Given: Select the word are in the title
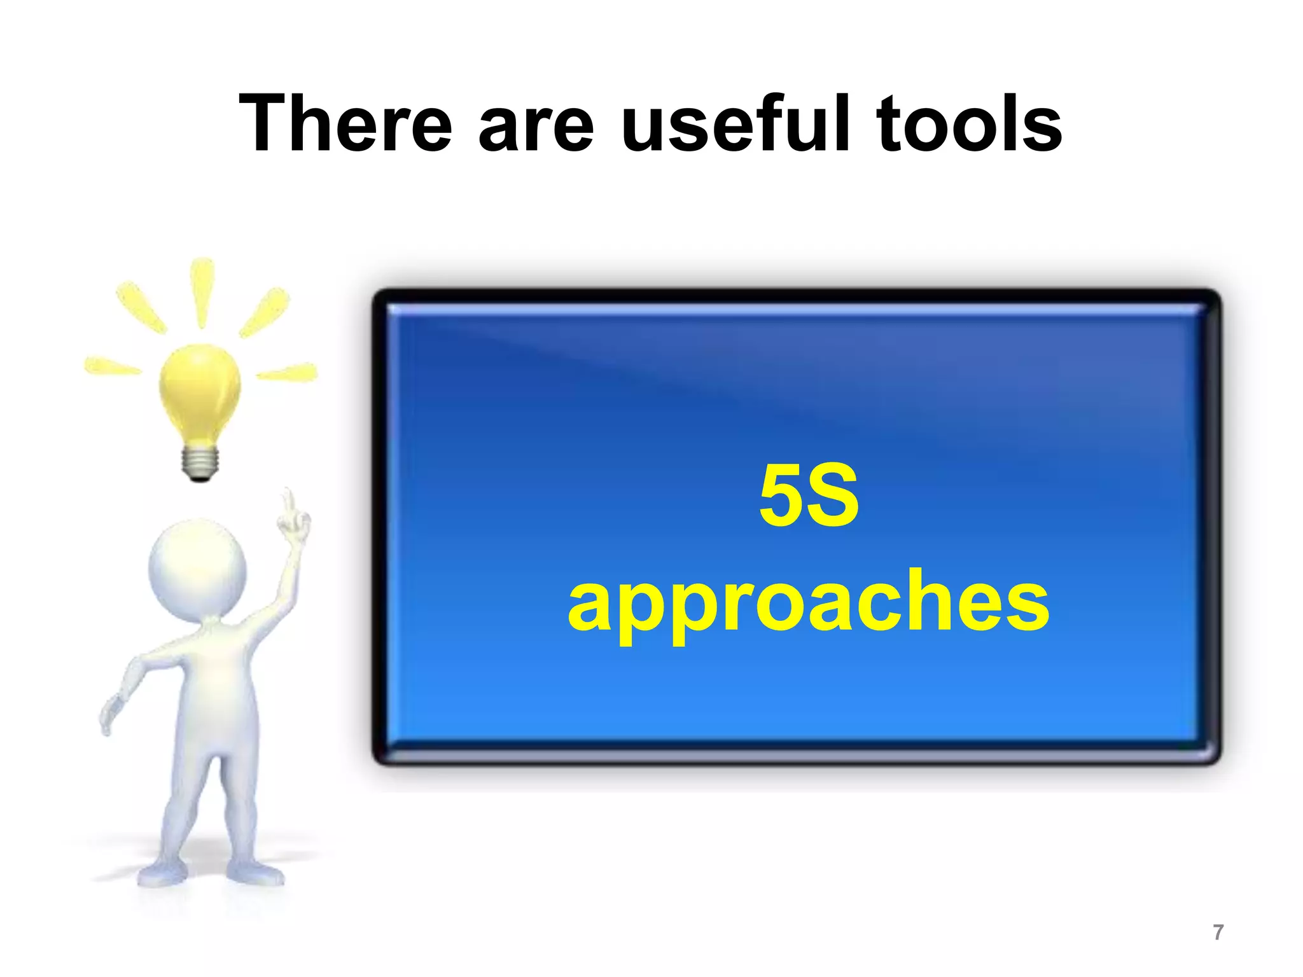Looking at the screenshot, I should [536, 130].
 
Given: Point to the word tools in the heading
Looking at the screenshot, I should [968, 124].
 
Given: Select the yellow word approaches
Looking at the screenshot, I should [808, 604].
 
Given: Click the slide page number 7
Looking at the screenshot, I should [1218, 932].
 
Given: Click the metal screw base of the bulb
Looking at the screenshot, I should [200, 461].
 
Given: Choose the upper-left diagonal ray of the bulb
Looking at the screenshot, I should [141, 307].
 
